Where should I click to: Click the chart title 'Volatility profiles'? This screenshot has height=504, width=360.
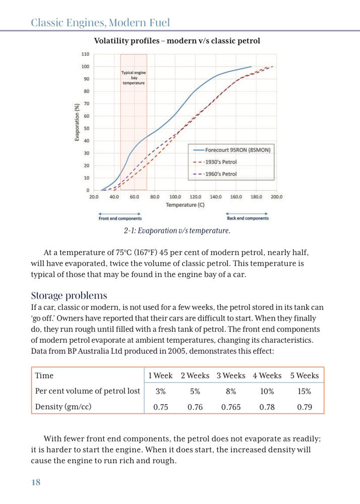[177, 41]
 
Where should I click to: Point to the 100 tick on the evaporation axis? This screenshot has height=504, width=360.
[85, 67]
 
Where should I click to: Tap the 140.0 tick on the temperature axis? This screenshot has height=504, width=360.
[216, 197]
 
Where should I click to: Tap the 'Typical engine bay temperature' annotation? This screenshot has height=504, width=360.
[134, 78]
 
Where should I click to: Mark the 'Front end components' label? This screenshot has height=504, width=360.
[120, 219]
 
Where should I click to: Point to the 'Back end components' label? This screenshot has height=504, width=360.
[248, 219]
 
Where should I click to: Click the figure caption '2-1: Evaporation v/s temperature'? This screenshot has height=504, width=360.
[176, 231]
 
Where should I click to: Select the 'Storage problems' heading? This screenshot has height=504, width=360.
[69, 295]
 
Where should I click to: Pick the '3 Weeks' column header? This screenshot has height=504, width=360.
[231, 375]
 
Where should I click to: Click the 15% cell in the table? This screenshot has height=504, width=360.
[304, 391]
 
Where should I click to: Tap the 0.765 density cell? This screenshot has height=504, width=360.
[231, 407]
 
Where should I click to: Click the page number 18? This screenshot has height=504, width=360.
[36, 482]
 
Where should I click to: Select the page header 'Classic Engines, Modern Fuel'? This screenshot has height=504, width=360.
[100, 23]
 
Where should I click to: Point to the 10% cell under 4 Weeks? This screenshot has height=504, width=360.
[267, 391]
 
